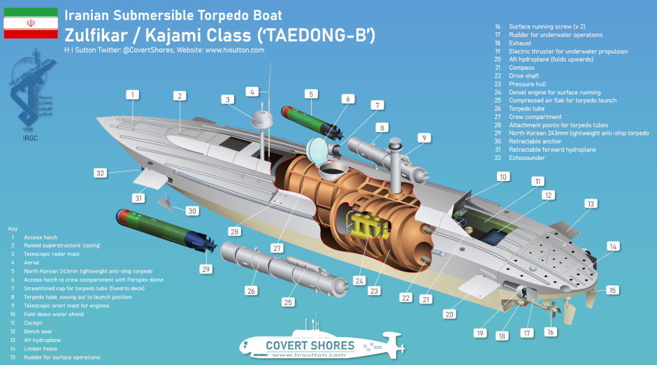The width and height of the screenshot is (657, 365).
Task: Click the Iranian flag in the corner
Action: click(31, 23)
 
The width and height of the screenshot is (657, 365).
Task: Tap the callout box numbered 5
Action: click(311, 94)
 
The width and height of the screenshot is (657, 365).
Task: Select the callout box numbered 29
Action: click(205, 269)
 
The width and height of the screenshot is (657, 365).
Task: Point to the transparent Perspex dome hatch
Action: click(318, 150)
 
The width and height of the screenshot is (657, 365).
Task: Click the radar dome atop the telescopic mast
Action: click(262, 120)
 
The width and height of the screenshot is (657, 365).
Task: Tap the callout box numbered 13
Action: click(591, 203)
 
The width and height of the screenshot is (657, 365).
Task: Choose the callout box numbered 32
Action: click(100, 173)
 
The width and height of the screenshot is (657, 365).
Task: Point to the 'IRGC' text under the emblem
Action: click(30, 138)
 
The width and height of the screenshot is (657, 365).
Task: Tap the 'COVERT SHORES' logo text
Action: click(310, 345)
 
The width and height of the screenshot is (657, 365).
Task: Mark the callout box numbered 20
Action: click(449, 314)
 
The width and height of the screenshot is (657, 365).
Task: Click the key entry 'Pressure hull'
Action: click(528, 84)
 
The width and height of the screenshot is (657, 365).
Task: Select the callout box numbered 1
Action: click(132, 94)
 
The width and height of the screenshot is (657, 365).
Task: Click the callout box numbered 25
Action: click(288, 302)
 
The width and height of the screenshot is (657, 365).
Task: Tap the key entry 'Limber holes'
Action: click(41, 349)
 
